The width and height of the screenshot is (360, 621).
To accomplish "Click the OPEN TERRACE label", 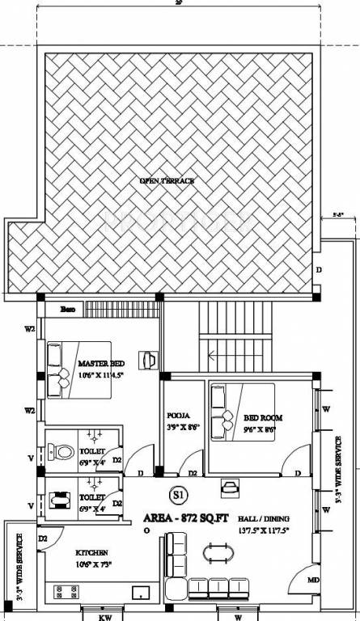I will coord(167,180).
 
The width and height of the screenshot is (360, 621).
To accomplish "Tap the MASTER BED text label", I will coord(102,363).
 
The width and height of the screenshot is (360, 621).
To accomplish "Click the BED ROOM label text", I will coord(262,417).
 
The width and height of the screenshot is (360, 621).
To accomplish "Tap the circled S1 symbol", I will coord(176,493).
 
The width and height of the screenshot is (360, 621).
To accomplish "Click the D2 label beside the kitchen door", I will coord(44,538).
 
